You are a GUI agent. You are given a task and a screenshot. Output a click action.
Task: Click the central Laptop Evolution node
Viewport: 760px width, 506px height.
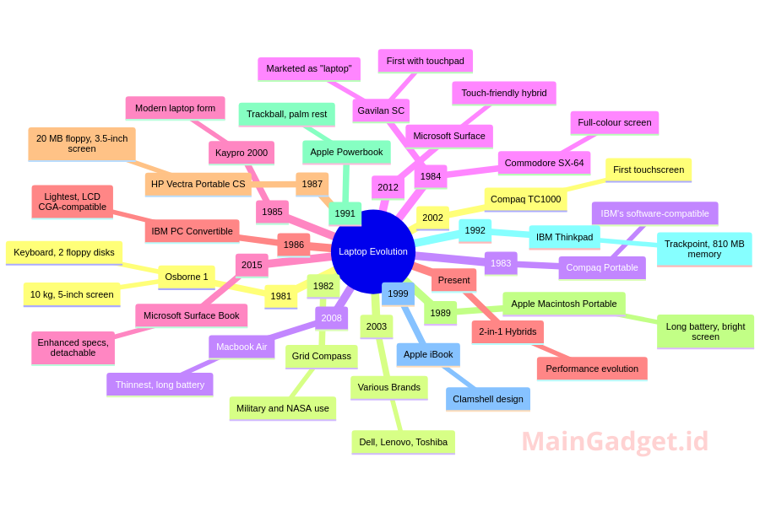(373, 252)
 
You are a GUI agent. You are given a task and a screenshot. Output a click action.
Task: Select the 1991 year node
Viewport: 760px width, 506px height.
(345, 213)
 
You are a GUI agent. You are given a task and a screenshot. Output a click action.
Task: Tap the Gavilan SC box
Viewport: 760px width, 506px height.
(381, 110)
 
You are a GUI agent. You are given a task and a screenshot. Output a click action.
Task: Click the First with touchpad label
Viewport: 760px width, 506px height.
(425, 61)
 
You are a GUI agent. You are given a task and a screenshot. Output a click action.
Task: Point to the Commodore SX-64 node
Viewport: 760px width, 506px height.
(545, 163)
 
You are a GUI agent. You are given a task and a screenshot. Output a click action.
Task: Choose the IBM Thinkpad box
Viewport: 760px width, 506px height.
(565, 237)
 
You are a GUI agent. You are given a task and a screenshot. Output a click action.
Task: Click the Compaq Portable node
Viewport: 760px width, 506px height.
(602, 268)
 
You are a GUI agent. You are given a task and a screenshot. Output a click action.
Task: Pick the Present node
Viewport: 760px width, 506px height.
(453, 280)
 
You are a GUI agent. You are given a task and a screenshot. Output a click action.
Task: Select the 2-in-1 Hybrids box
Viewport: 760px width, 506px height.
(508, 331)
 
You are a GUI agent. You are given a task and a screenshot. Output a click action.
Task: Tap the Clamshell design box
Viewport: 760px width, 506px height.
(488, 399)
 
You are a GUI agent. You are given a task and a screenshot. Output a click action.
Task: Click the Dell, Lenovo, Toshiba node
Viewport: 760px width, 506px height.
(404, 442)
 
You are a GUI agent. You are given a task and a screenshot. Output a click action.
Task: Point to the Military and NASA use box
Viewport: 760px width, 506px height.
(283, 408)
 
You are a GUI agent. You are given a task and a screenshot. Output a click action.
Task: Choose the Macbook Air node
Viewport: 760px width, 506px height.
(242, 347)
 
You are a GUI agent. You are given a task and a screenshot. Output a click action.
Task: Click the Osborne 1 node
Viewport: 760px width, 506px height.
(187, 277)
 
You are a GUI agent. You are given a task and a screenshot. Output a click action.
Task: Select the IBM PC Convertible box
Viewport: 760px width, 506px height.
(192, 231)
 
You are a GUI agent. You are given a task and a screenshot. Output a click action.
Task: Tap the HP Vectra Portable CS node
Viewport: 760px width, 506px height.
(198, 184)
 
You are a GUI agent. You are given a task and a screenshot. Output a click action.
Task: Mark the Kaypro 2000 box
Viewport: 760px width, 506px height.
(242, 153)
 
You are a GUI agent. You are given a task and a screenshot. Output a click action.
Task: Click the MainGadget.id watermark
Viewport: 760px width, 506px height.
(615, 442)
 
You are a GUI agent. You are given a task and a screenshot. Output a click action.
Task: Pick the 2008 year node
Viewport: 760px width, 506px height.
(332, 318)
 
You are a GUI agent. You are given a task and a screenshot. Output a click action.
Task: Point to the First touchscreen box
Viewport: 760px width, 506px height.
(649, 170)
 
